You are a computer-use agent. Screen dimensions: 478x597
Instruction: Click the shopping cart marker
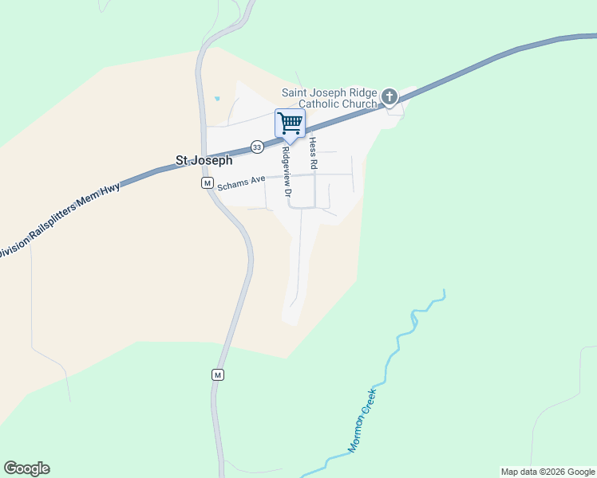pos(289,123)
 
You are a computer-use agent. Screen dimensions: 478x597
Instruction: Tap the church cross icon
pos(389,98)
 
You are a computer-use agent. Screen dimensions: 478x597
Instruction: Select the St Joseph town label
pos(204,160)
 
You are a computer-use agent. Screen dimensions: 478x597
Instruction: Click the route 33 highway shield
pos(256,147)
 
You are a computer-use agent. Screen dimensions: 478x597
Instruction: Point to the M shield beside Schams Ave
pos(207,183)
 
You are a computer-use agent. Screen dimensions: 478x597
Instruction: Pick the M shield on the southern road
pos(217,374)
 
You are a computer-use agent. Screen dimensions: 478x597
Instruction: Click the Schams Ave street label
pos(241,181)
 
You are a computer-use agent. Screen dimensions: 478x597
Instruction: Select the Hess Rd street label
pos(314,153)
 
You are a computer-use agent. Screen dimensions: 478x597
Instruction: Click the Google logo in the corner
pos(26,468)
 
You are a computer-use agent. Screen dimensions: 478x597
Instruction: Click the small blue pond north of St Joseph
pos(216,99)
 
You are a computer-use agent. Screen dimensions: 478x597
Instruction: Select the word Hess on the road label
pos(314,146)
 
